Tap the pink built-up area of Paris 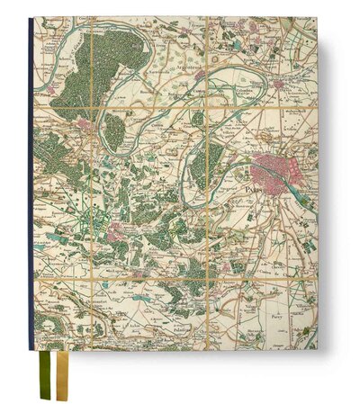(273, 168)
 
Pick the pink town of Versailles (116, 234)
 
